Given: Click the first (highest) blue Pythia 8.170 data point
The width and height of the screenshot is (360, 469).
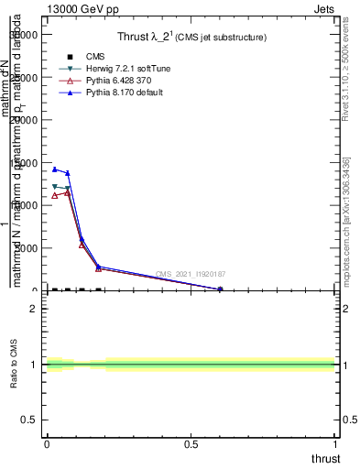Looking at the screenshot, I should tap(55, 169).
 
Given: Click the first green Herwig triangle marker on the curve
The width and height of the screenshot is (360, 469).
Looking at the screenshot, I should tap(55, 187).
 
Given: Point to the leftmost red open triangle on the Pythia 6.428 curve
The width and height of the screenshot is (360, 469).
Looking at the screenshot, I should tap(55, 195).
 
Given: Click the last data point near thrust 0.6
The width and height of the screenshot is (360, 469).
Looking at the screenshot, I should tap(220, 289).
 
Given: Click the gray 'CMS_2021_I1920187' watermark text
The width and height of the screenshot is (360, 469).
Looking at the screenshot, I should tap(191, 274).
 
